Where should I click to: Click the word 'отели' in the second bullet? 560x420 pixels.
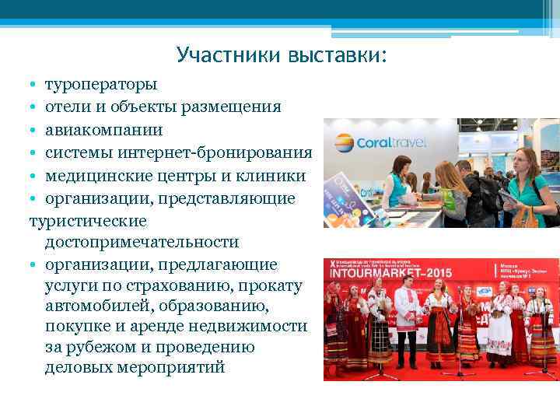[x=65, y=106]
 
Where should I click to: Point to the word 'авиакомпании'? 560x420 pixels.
[x=103, y=129]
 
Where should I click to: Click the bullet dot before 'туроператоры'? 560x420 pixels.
[x=33, y=84]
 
